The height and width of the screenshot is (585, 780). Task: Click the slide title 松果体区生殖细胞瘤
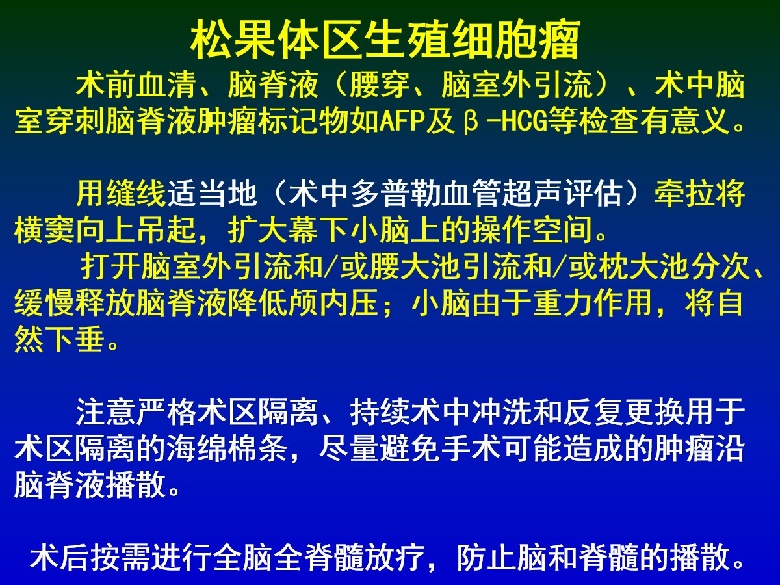pos(385,40)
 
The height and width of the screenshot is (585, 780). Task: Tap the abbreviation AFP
pos(402,121)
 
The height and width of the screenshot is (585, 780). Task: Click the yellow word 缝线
pos(136,194)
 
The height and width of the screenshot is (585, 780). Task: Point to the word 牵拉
pos(684,194)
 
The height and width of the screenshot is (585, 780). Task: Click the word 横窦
pos(44,230)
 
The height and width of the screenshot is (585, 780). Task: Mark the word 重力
pos(562,303)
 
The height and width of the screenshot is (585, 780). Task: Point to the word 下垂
pos(75,339)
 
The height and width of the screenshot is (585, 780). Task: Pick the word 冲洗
pos(501,413)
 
